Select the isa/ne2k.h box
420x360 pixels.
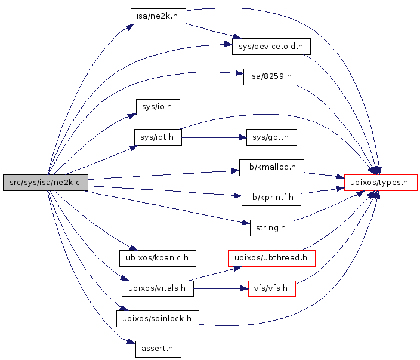158,16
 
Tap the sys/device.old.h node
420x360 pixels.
271,46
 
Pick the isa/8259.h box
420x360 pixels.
271,77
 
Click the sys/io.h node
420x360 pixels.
157,107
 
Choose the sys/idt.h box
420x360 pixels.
157,137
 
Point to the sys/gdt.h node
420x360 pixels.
271,137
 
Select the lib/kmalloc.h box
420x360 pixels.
271,168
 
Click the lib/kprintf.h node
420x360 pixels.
271,197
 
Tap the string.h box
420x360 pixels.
271,227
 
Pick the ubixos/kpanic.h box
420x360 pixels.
157,258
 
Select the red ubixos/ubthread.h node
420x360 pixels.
271,258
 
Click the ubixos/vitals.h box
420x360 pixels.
157,288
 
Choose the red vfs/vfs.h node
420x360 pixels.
271,288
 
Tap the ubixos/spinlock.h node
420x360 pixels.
157,318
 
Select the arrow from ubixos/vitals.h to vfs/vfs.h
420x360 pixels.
221,288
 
